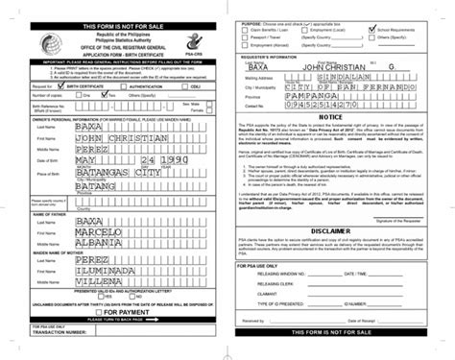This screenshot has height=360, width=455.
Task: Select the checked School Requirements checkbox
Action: [x=371, y=29]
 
